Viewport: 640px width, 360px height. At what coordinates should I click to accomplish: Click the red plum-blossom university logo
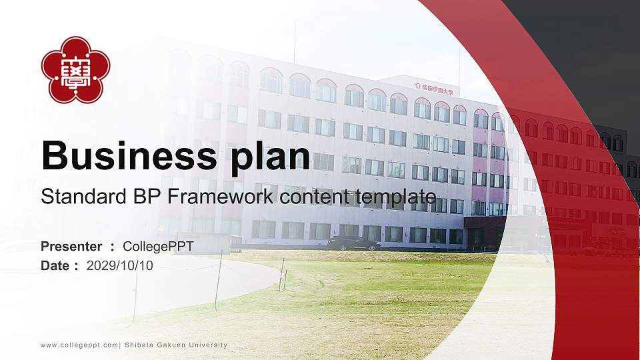pos(75,70)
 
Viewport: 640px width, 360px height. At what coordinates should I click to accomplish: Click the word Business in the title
pos(125,156)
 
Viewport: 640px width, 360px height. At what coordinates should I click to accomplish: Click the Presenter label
pos(71,247)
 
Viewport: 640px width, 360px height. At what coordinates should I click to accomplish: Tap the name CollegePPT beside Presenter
pos(158,247)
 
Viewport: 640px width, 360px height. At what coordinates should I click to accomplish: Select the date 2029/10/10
pos(120,265)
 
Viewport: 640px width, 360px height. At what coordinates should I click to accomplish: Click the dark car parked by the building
pos(353,243)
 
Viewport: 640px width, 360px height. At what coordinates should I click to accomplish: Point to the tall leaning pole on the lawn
pos(218,280)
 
